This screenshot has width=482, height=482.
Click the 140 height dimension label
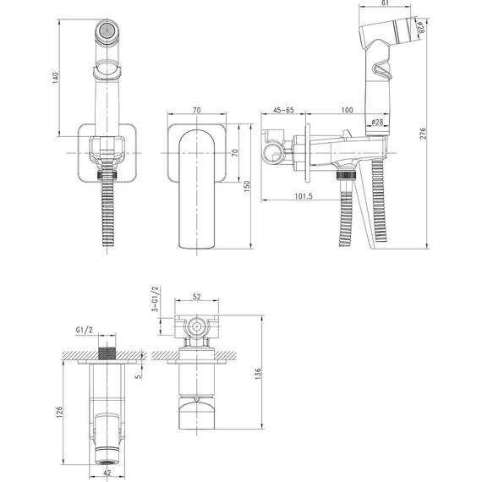pos(55,78)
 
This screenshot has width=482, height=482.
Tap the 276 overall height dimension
pos(424,133)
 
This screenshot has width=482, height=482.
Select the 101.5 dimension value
pos(304,196)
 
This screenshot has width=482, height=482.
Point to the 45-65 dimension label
pos(283,110)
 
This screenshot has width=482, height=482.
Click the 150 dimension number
pos(247,186)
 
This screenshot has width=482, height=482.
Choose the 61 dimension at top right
pos(385,3)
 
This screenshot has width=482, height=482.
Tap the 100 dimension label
pos(347,110)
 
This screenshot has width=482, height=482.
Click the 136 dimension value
pos(258,374)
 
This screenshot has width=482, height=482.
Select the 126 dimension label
pos(59,412)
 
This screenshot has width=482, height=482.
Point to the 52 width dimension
pos(196,296)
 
